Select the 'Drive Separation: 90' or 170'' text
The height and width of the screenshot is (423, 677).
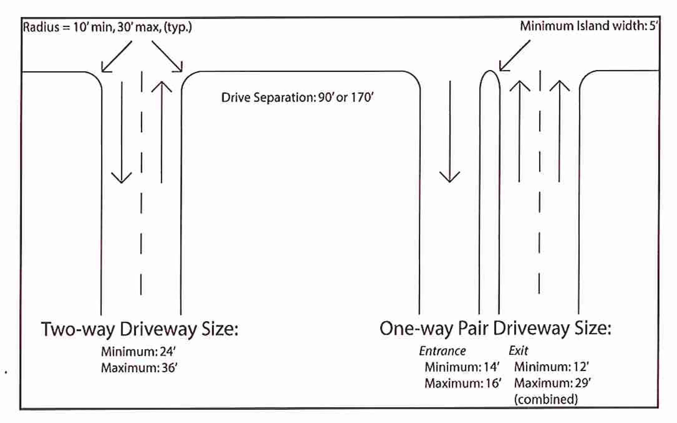297,97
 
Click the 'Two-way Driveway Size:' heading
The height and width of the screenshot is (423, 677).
140,329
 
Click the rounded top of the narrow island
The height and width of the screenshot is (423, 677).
490,73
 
